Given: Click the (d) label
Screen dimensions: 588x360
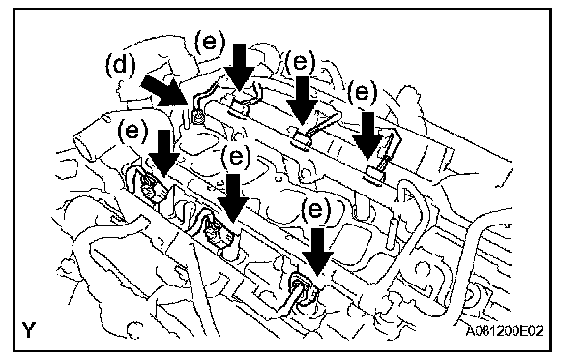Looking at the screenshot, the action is (120, 65).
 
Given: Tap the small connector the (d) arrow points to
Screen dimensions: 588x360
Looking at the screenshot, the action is (197, 117).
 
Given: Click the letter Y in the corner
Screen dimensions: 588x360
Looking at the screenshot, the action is (29, 330).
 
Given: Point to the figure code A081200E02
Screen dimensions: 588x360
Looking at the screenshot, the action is (505, 331).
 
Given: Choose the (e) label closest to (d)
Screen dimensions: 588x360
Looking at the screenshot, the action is (210, 42).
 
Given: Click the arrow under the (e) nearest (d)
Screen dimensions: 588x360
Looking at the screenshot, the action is (240, 67).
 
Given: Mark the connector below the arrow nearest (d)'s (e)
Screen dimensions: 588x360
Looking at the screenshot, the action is (240, 108).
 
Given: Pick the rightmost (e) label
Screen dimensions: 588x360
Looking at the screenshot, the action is (363, 92).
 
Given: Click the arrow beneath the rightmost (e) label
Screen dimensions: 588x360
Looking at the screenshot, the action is (367, 135).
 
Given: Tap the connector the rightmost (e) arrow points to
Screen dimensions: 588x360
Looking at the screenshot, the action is (374, 175).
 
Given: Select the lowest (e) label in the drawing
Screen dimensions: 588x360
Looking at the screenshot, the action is (316, 209).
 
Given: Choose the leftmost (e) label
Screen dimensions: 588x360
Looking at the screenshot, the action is (132, 132).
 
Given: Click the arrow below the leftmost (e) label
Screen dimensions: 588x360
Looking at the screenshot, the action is (163, 153).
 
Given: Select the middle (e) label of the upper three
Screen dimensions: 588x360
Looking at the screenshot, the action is (301, 62).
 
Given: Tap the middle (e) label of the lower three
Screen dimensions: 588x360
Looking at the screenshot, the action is (236, 157).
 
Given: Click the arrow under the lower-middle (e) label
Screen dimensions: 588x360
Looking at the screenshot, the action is (233, 198).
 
